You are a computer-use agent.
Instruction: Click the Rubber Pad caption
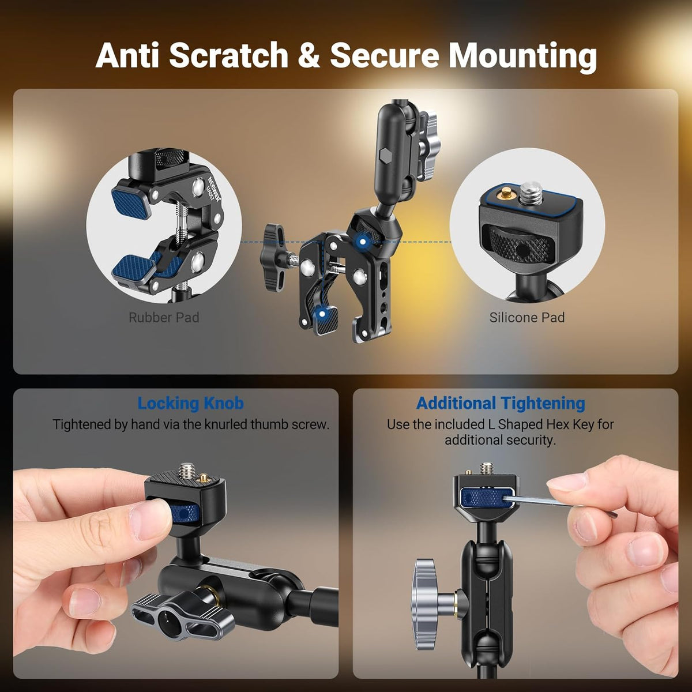pos(164,317)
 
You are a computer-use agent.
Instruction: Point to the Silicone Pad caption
pos(527,317)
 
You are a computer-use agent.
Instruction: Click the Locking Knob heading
pos(191,404)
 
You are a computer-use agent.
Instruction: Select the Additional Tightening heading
pos(501,404)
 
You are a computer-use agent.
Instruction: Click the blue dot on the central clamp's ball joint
pos(363,242)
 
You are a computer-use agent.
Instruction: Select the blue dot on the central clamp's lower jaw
pos(322,314)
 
